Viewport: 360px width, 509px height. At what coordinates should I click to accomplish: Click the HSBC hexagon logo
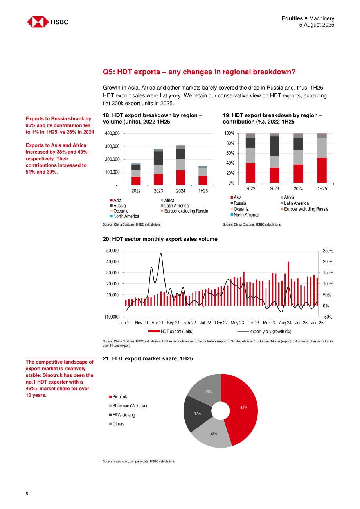point(38,22)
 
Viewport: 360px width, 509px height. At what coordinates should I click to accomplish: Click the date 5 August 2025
point(317,25)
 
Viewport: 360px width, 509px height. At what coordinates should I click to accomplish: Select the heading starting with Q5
point(199,72)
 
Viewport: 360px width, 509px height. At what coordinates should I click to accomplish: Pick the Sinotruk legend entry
point(118,397)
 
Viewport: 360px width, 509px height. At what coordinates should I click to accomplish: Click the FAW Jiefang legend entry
point(122,415)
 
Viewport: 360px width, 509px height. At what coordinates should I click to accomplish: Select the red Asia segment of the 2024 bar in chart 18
point(180,178)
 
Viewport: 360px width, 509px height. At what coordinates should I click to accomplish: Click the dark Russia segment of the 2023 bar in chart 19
point(274,146)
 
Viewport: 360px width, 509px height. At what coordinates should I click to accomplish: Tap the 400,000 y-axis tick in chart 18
point(112,133)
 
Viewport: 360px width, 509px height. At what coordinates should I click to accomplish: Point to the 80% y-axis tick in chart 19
point(230,143)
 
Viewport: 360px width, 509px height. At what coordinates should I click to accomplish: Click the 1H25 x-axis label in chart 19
point(322,188)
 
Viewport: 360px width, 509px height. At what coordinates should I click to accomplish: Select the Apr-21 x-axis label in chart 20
point(157,323)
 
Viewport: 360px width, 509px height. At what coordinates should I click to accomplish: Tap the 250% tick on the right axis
point(328,251)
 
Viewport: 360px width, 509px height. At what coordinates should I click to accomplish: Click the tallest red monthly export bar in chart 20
point(288,283)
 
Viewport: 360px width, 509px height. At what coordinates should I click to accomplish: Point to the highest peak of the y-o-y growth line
point(161,253)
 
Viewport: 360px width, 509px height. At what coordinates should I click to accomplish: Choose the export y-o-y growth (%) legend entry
point(264,331)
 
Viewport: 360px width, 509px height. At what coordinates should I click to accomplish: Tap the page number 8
point(27,493)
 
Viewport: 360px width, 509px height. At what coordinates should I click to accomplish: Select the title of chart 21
point(148,358)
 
